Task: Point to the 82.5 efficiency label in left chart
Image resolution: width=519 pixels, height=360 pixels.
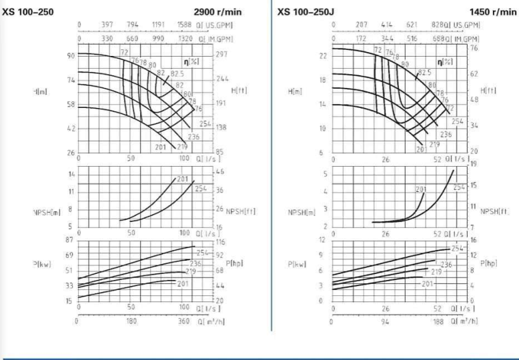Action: [x=177, y=73]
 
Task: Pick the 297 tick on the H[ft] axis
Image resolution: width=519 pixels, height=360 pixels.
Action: [x=222, y=55]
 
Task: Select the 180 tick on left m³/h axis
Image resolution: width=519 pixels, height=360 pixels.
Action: [x=131, y=321]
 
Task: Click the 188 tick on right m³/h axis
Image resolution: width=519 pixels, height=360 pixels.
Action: [x=438, y=321]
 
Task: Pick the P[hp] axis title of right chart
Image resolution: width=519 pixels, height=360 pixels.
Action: [x=489, y=264]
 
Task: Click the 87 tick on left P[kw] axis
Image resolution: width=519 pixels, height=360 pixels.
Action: [x=69, y=239]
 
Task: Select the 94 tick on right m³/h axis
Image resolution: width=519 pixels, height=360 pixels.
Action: [x=386, y=321]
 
